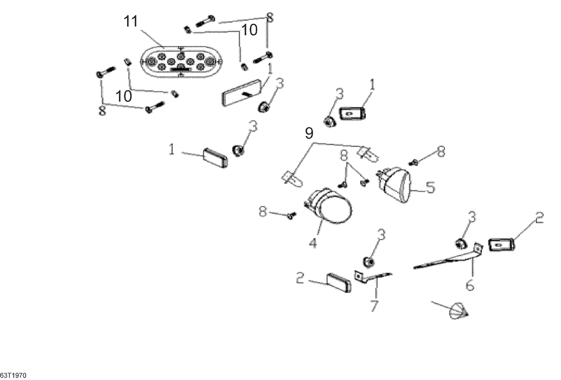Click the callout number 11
[131, 22]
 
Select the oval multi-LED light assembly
[180, 62]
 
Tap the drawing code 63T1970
[13, 375]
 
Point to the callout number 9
[309, 133]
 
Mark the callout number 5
[430, 188]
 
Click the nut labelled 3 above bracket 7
[369, 262]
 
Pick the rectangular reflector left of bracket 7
[339, 282]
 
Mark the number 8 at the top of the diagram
[270, 18]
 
